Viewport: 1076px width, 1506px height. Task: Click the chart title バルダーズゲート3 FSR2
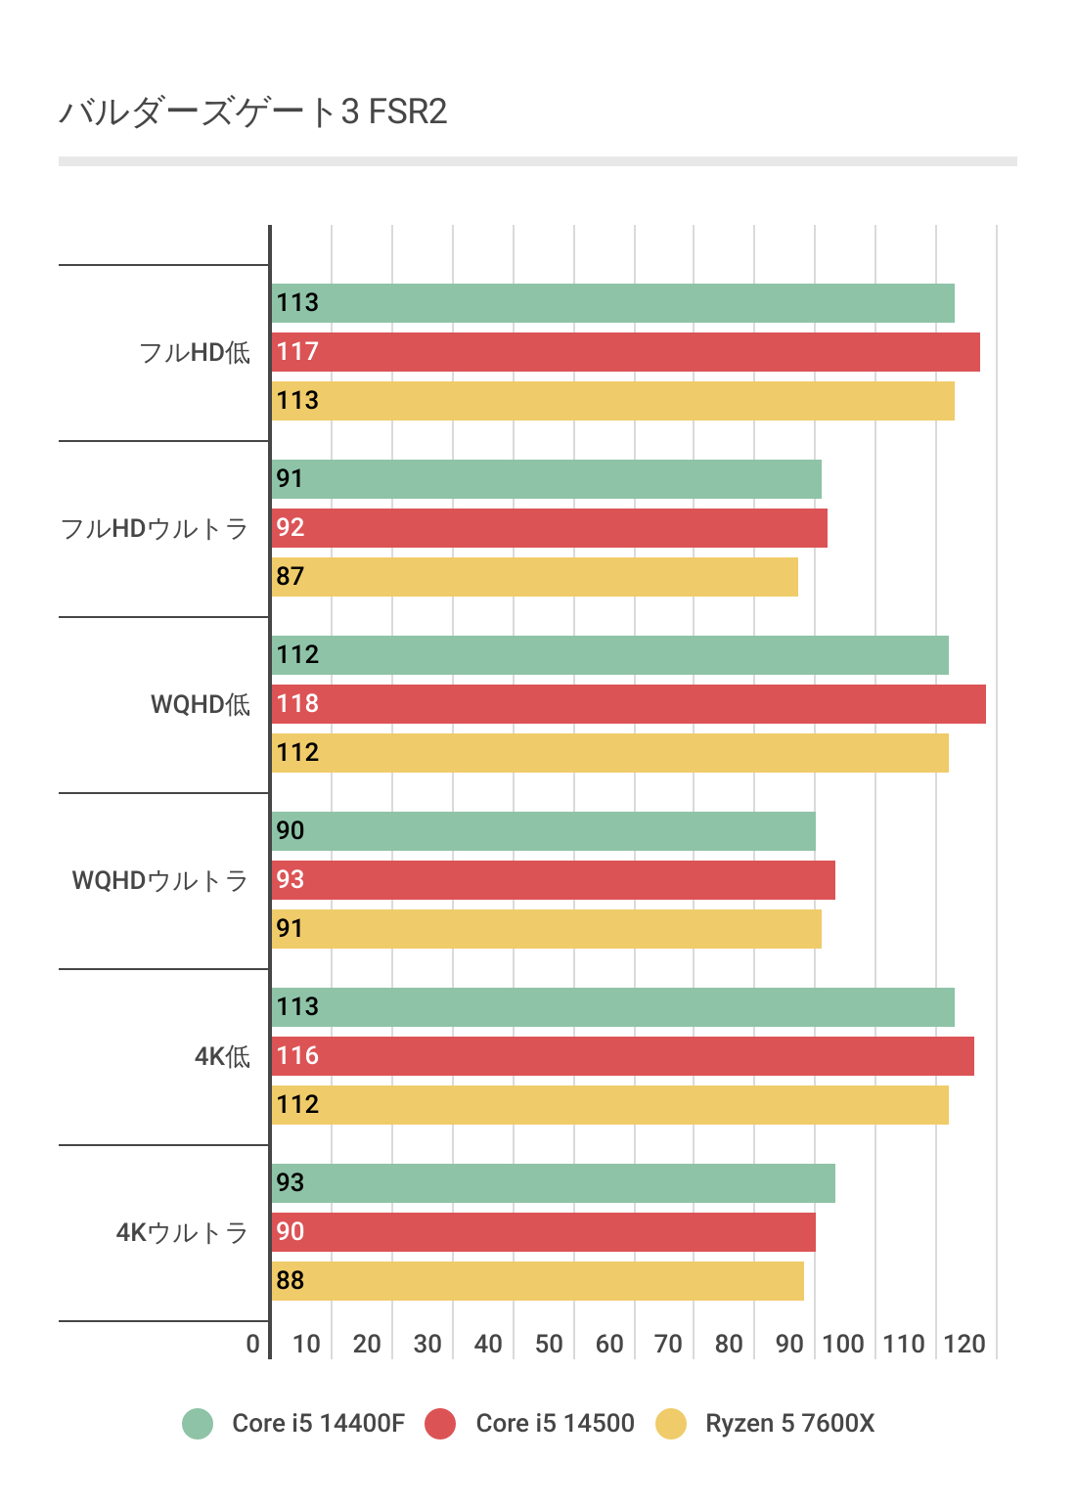[253, 112]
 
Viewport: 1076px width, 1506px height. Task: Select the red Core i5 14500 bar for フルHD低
[626, 352]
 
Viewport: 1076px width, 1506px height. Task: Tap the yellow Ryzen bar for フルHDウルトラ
[535, 577]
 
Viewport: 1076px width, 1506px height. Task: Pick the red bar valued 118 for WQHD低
[629, 704]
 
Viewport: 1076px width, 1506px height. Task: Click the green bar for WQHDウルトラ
[544, 831]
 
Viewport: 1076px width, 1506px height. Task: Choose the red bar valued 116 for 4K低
[623, 1056]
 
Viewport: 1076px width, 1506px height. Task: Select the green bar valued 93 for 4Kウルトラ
[554, 1183]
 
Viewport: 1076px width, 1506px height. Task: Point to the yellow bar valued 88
[538, 1281]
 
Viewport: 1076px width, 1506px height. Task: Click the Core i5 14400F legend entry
[294, 1423]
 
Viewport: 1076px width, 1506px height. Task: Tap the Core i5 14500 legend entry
[531, 1423]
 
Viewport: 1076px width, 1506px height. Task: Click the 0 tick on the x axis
[253, 1344]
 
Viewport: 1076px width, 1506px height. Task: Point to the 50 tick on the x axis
[549, 1344]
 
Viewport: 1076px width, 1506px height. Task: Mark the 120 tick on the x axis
[964, 1344]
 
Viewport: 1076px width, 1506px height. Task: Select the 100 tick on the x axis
[843, 1344]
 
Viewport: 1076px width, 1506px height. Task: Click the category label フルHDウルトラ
[155, 529]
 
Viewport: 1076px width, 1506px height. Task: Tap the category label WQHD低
[201, 705]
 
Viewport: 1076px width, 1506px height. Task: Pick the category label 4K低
[222, 1057]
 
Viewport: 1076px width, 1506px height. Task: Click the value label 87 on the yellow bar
[291, 577]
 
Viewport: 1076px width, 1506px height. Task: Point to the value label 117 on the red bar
[297, 352]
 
